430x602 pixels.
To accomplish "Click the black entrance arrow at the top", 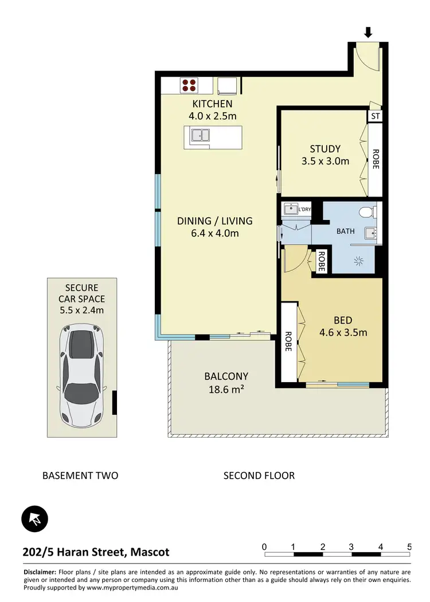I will [368, 32].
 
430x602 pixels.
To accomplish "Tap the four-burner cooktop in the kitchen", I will [189, 86].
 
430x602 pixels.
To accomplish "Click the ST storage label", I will [375, 116].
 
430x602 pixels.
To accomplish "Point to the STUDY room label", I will [325, 149].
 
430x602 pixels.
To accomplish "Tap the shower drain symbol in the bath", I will [359, 261].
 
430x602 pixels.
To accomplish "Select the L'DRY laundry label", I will [304, 209].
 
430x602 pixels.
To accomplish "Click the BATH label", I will [345, 231].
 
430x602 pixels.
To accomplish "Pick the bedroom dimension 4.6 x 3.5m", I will [343, 332].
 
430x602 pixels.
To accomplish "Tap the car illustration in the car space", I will [82, 375].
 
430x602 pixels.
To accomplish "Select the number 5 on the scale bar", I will [409, 546].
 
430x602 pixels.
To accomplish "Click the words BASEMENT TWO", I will [80, 475].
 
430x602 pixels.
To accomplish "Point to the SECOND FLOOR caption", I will [259, 475].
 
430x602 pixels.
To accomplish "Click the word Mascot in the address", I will [150, 552].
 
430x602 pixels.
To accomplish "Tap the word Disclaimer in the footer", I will [40, 572].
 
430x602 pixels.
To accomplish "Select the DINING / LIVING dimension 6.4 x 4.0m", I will [214, 233].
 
